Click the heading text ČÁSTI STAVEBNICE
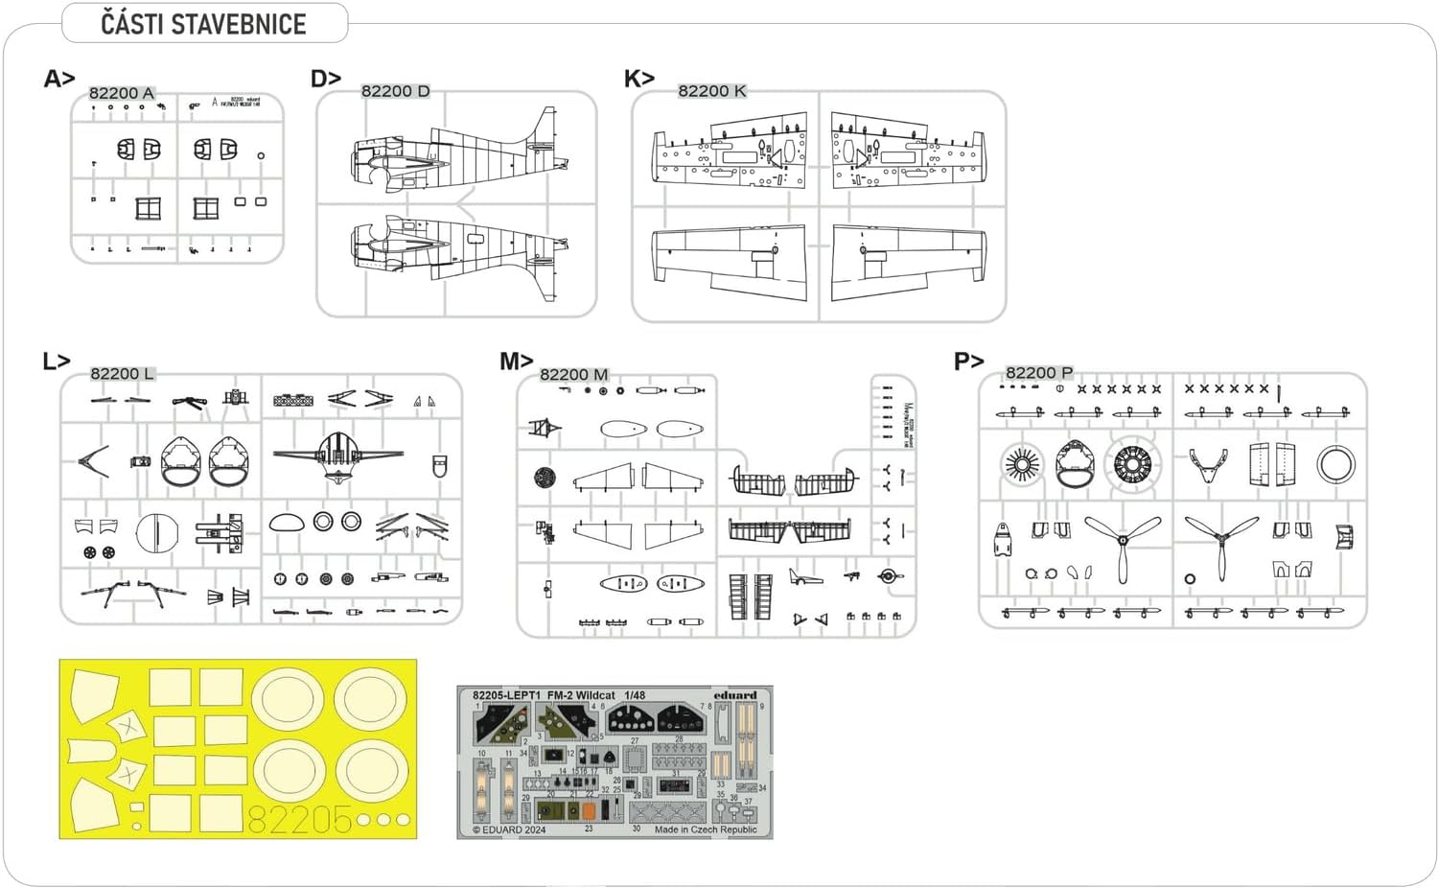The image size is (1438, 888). point(203,24)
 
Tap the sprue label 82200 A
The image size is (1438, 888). point(121,93)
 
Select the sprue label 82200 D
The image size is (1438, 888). point(395,91)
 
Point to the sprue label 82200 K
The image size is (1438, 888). point(711,91)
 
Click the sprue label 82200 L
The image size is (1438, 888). point(122,374)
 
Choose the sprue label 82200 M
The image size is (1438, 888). point(573,375)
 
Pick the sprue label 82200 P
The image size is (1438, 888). point(1038,373)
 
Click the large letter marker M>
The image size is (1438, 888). point(516,362)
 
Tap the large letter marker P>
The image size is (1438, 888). point(968,362)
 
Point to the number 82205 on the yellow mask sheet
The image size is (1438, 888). point(300,820)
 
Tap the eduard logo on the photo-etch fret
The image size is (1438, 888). point(734,695)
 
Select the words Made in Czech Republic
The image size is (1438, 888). point(706,830)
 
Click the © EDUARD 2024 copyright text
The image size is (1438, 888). point(508,830)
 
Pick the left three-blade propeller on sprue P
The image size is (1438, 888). point(1123,543)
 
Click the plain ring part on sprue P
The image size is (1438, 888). point(1335,465)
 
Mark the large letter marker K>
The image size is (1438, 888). point(638,79)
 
